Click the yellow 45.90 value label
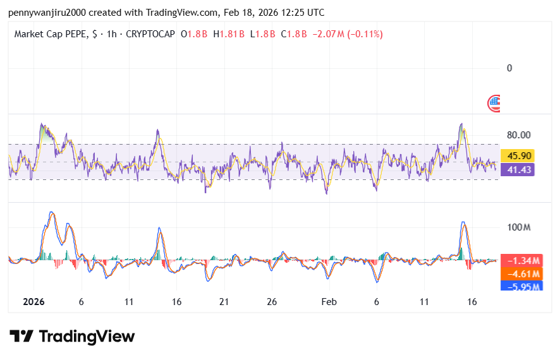[x=518, y=155]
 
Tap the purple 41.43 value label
[x=518, y=169]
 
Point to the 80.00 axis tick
[x=518, y=135]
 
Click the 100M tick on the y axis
[x=518, y=227]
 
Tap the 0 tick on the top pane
[x=509, y=68]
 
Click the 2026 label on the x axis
[x=33, y=302]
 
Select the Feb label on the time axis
[x=329, y=302]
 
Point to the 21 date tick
[x=224, y=302]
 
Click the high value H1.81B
[x=229, y=34]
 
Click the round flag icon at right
[x=494, y=102]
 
